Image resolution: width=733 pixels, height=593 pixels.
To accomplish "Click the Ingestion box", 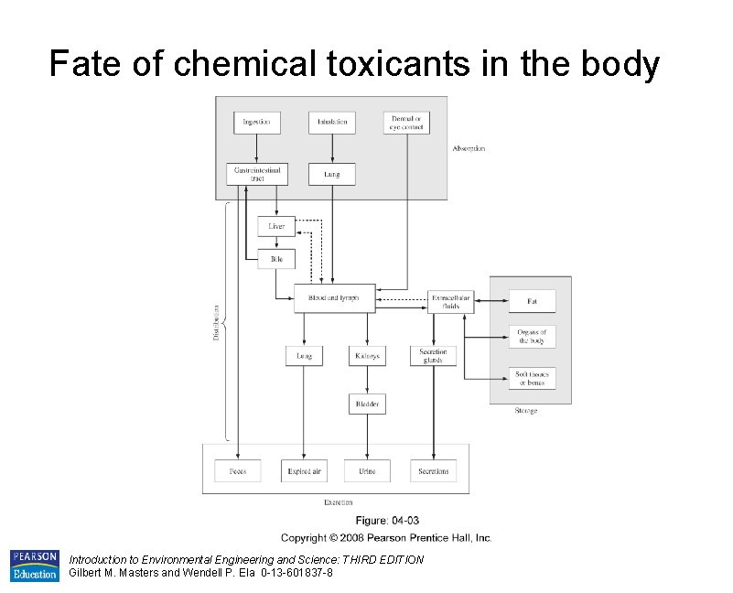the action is click(256, 122).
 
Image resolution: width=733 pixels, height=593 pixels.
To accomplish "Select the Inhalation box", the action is click(331, 122).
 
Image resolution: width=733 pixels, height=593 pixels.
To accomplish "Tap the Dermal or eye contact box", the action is click(406, 122).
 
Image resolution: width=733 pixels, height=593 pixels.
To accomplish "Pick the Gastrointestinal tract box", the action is click(256, 173).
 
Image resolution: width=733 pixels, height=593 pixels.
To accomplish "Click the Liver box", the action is click(276, 226).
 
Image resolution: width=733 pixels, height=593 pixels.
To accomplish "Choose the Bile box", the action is click(276, 259).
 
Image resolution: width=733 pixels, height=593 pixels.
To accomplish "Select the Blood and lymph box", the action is click(334, 298).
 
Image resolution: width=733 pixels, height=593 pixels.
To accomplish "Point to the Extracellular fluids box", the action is click(451, 301).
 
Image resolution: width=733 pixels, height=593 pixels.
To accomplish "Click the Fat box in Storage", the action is click(532, 301).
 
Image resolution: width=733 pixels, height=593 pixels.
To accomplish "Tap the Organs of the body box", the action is click(532, 337).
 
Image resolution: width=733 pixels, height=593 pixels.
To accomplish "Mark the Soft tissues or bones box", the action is click(532, 378).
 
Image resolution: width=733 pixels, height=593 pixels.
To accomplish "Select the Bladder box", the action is click(367, 404).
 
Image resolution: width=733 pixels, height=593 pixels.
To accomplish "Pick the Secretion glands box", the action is click(433, 355).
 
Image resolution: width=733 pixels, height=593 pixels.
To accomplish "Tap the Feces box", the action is click(237, 470).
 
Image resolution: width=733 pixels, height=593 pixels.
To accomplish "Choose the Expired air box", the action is click(304, 470).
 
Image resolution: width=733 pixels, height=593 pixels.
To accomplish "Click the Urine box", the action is click(367, 470).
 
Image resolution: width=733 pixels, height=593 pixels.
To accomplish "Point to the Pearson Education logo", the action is click(34, 566).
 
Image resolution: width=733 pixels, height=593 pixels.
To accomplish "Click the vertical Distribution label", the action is click(217, 321).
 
